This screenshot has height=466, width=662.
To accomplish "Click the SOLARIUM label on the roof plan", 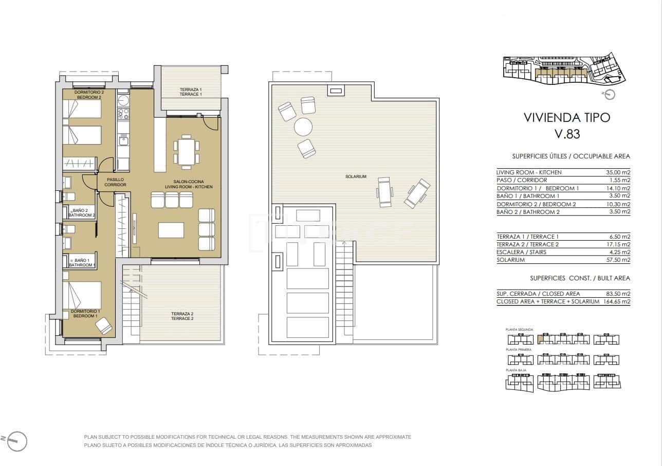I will coord(356,176).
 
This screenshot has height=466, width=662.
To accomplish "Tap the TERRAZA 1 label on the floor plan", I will coord(191,92).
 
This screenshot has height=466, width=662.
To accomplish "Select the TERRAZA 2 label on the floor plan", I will coord(182,316).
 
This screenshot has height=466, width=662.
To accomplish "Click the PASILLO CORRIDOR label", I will coord(115,182).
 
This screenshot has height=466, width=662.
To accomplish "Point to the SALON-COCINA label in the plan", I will coord(188,184).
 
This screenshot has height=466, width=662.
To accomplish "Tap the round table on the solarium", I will coord(303,127).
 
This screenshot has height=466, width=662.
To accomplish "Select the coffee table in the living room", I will coord(171,229).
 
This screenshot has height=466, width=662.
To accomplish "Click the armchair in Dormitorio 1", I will coord(104,326).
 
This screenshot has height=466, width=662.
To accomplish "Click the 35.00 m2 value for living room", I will coord(618,172).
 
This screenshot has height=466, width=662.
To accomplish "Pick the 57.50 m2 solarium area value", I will coord(618,260).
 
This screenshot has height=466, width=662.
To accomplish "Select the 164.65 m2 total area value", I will coord(617,301).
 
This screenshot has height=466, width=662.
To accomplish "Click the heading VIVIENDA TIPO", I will coord(567,117).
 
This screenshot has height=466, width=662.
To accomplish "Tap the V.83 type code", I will coord(567,134).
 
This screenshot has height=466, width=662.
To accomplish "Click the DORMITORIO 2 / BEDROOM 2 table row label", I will coord(536,204).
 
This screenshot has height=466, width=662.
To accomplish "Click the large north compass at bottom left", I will coord(15,440).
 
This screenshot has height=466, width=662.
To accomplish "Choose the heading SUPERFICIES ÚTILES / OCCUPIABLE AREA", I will coord(571,156).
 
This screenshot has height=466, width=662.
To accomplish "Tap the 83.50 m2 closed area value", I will coord(618,294).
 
